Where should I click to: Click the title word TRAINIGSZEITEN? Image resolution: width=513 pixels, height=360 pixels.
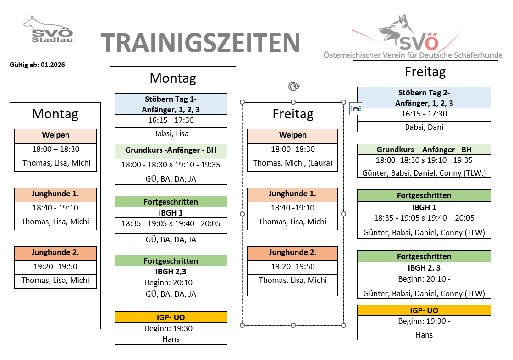click(200, 43)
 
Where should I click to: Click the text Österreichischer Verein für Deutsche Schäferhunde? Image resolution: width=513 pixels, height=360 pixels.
click(413, 55)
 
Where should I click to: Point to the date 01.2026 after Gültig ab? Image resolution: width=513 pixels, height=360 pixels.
click(53, 65)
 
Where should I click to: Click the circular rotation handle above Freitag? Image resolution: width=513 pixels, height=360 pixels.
click(293, 86)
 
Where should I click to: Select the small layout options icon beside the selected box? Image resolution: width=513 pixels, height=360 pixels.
click(356, 109)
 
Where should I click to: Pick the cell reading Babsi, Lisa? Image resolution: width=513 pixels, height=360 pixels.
click(171, 133)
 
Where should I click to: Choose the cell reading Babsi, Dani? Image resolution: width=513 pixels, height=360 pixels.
click(424, 127)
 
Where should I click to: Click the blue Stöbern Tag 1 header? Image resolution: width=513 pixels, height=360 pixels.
click(171, 104)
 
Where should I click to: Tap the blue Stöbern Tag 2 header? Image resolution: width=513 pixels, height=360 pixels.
click(424, 97)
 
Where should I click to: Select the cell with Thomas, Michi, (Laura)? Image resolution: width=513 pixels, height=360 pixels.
click(292, 163)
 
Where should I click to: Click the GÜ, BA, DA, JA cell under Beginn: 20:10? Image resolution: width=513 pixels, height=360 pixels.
click(171, 294)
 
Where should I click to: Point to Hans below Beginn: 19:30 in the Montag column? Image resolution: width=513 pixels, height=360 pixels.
click(171, 339)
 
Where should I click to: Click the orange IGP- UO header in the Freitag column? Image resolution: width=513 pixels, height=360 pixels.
click(424, 310)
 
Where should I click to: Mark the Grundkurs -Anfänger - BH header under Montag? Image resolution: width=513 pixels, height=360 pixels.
click(171, 150)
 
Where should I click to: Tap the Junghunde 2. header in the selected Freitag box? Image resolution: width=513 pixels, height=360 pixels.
click(292, 253)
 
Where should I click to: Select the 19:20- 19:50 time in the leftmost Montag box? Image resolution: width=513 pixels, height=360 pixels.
click(55, 266)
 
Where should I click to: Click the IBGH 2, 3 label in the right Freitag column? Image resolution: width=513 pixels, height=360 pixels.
click(424, 268)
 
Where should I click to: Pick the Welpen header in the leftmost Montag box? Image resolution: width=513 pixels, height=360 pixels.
click(55, 135)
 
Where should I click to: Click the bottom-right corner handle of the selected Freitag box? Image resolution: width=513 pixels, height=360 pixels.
click(343, 325)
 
